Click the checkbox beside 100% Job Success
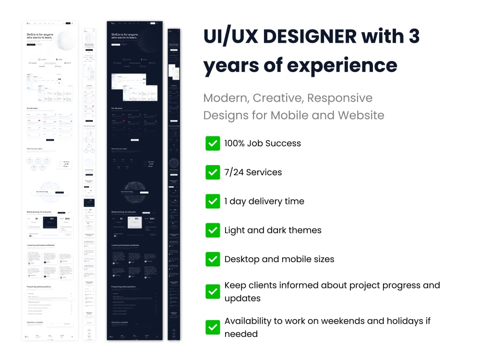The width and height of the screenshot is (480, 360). [x=213, y=143]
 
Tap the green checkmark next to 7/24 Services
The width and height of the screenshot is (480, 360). [x=213, y=172]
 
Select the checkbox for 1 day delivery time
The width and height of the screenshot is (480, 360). [x=213, y=201]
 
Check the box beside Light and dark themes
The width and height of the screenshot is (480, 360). [x=213, y=230]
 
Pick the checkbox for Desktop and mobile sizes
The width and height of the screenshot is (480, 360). [x=213, y=259]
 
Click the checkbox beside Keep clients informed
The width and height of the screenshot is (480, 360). [x=213, y=291]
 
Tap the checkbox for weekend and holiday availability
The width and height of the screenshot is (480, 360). [x=213, y=327]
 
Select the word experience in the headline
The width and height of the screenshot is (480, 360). [x=342, y=65]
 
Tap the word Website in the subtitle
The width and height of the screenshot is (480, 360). [x=361, y=115]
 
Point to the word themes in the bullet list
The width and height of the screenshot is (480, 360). [x=304, y=230]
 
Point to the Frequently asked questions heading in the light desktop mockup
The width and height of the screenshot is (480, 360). [x=39, y=287]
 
